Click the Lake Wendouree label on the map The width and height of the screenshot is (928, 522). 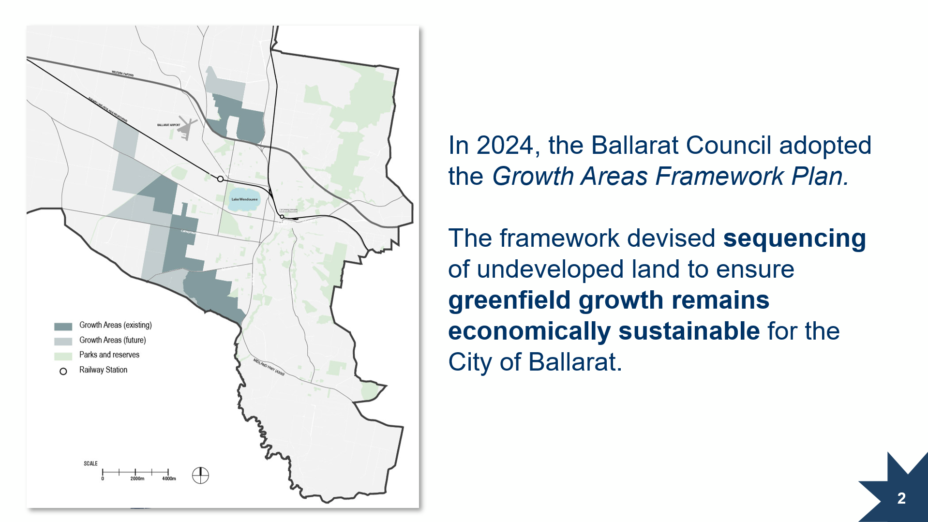[244, 199]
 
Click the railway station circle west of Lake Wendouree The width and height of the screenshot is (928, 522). [220, 179]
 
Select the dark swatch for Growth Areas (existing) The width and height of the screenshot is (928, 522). [63, 327]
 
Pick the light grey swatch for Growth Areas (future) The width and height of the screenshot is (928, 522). [63, 342]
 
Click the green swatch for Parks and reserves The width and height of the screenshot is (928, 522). [63, 357]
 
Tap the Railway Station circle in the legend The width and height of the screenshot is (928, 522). [63, 372]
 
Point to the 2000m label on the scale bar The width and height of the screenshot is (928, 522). [137, 478]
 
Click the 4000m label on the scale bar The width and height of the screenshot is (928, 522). [169, 478]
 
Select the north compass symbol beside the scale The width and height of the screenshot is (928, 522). [200, 475]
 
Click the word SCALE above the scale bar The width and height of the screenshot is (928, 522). [90, 463]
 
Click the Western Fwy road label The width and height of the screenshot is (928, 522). [122, 75]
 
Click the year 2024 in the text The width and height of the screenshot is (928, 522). [504, 145]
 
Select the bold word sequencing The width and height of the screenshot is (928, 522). [794, 238]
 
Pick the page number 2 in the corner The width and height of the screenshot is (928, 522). [901, 498]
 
